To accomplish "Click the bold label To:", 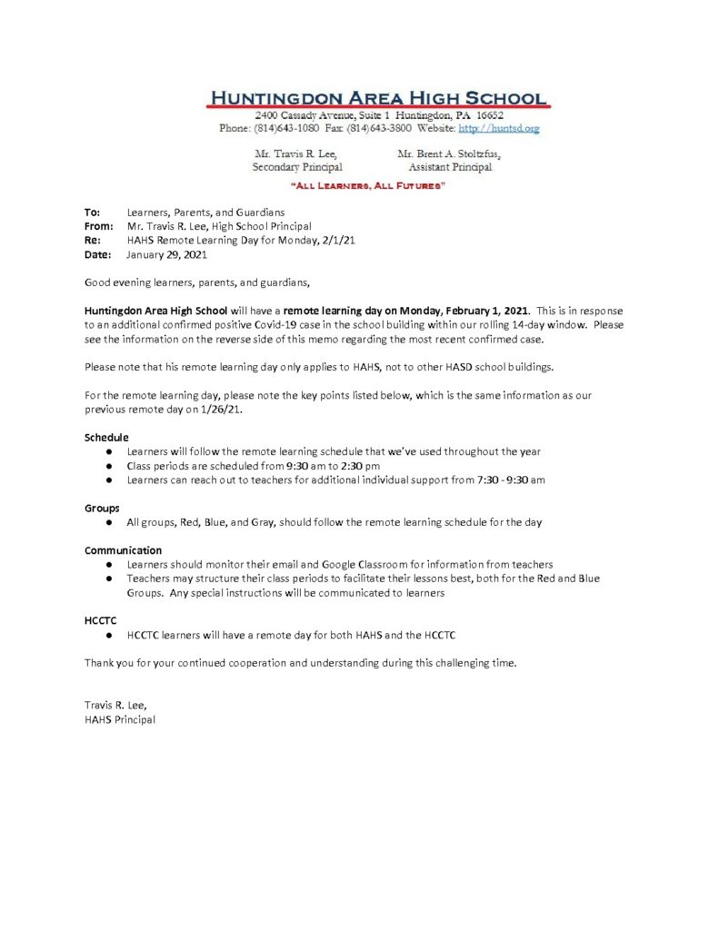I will pyautogui.click(x=92, y=212).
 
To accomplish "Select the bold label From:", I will pyautogui.click(x=98, y=226).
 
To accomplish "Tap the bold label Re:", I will pyautogui.click(x=91, y=241).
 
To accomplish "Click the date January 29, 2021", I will pyautogui.click(x=166, y=255).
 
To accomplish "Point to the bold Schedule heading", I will pyautogui.click(x=106, y=437).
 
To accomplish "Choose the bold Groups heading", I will pyautogui.click(x=102, y=508).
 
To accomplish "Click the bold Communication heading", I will pyautogui.click(x=123, y=550).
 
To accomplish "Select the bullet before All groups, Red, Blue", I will pyautogui.click(x=109, y=522).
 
